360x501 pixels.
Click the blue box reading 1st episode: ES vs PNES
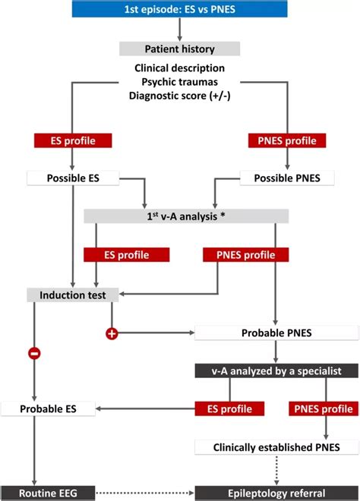coord(179,9)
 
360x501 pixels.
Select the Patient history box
coord(179,49)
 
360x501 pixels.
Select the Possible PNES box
coord(287,178)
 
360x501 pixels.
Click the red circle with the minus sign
coord(35,353)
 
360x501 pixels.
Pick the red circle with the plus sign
coord(112,332)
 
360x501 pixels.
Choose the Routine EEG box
coord(49,493)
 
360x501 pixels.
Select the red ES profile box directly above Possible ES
coord(72,140)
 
